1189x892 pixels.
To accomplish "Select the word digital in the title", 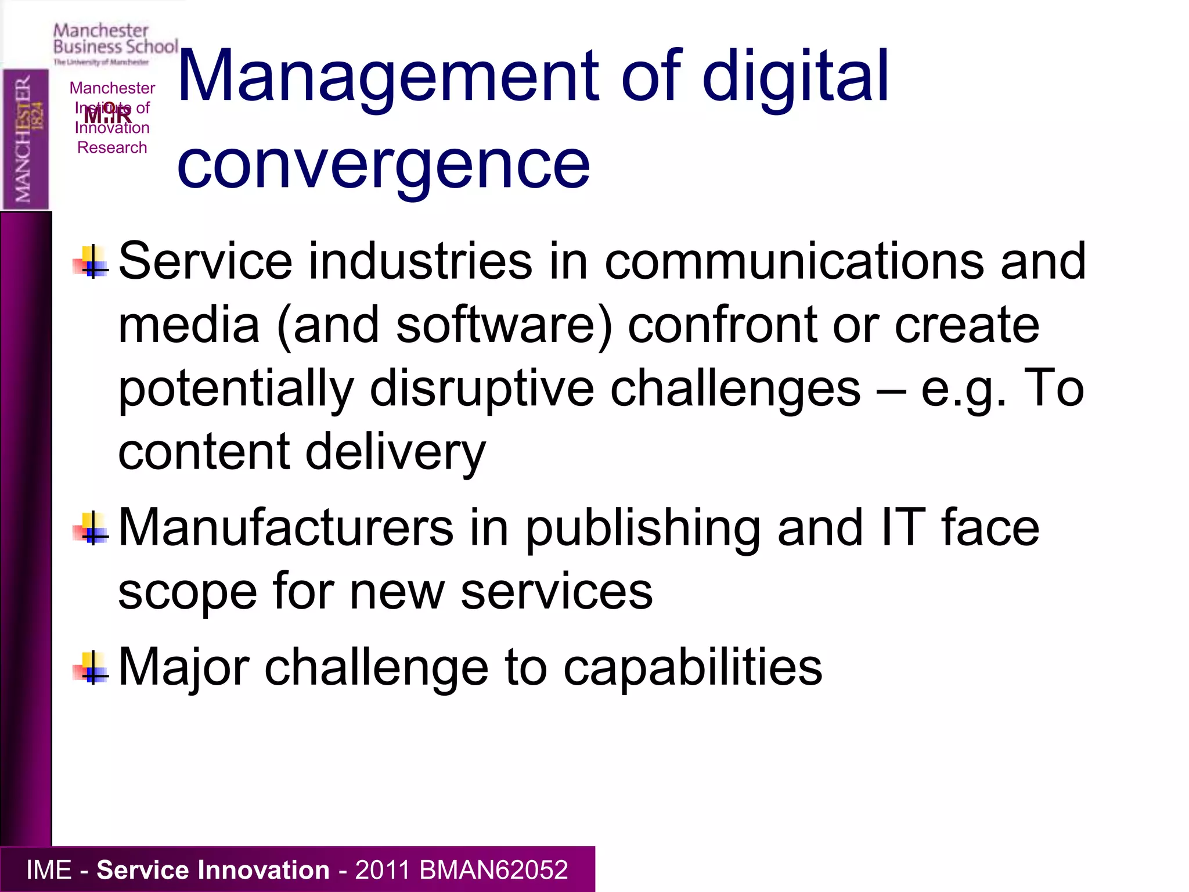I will pyautogui.click(x=795, y=77).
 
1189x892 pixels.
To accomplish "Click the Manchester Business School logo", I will pyautogui.click(x=115, y=44).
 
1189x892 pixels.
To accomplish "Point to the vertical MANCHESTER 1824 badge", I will pyautogui.click(x=26, y=139).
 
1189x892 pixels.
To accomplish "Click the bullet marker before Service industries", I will pyautogui.click(x=91, y=262).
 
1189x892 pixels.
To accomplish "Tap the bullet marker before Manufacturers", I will pyautogui.click(x=91, y=528).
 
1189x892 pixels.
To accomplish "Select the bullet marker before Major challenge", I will pyautogui.click(x=91, y=668).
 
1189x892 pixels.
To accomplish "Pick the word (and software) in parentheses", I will pyautogui.click(x=444, y=325).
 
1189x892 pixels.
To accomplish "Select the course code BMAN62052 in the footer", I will pyautogui.click(x=493, y=870).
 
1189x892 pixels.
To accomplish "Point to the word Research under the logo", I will pyautogui.click(x=112, y=148).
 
